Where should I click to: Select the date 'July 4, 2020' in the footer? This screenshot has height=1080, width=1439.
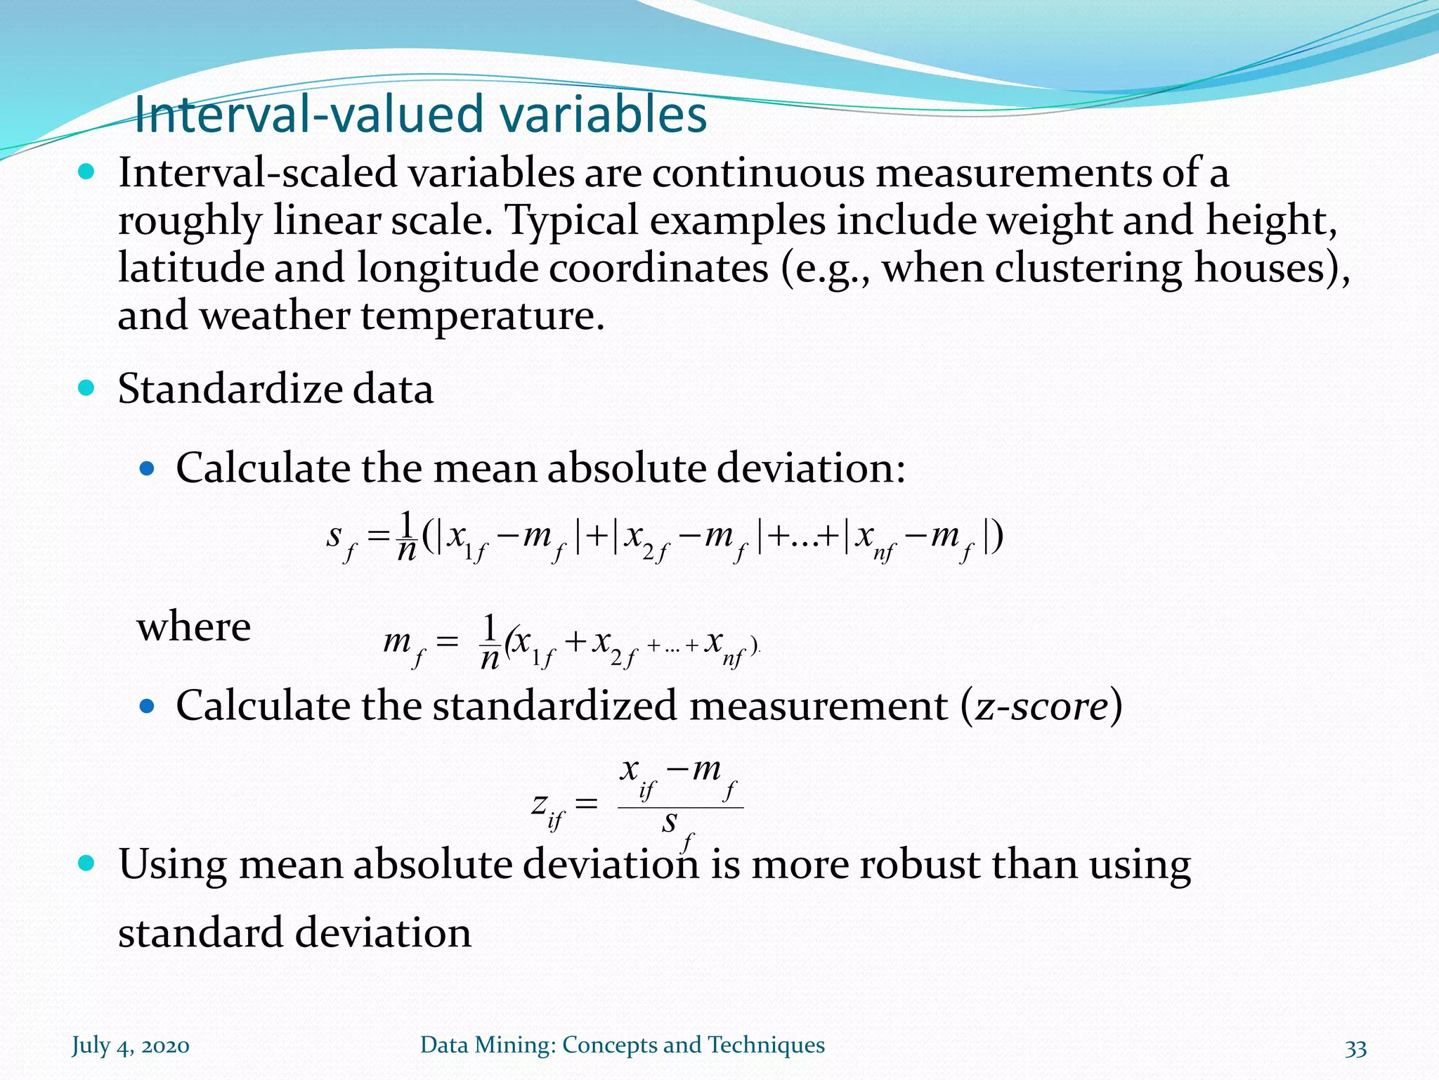click(x=131, y=1046)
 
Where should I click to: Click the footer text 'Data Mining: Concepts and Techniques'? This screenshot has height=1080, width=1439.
click(x=622, y=1045)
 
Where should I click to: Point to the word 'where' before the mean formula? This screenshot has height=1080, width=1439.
click(x=194, y=626)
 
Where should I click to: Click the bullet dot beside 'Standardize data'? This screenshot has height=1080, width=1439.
click(x=86, y=388)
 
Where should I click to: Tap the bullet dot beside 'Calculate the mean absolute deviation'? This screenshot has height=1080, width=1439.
click(x=146, y=468)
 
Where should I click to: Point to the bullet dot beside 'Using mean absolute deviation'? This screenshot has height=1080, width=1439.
click(x=86, y=863)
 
